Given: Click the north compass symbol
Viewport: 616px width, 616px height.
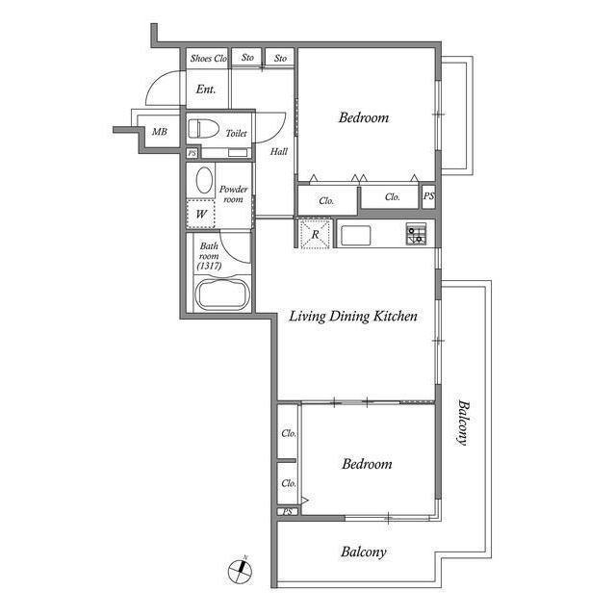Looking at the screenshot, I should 240,570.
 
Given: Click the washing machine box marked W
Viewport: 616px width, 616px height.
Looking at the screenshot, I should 202,214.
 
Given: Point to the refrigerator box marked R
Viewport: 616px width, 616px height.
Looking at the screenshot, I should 315,234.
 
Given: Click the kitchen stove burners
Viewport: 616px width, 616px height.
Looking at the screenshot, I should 417,233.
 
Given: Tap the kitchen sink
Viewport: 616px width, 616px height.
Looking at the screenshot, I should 355,235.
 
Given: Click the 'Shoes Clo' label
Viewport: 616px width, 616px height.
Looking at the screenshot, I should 208,59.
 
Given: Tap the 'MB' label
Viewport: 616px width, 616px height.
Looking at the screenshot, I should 160,133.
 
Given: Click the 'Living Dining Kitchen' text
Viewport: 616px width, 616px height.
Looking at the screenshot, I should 353,316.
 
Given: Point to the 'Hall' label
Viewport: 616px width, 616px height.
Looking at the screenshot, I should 278,151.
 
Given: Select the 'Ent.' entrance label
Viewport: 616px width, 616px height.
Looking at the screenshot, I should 205,90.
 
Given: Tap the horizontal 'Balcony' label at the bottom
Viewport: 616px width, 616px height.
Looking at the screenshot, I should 363,552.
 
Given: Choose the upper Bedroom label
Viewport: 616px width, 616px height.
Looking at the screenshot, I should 364,118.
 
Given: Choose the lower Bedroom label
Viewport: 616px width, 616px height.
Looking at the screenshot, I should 367,464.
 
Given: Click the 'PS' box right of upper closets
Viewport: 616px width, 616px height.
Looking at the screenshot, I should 428,196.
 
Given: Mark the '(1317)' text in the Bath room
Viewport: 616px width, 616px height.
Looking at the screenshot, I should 209,266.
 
